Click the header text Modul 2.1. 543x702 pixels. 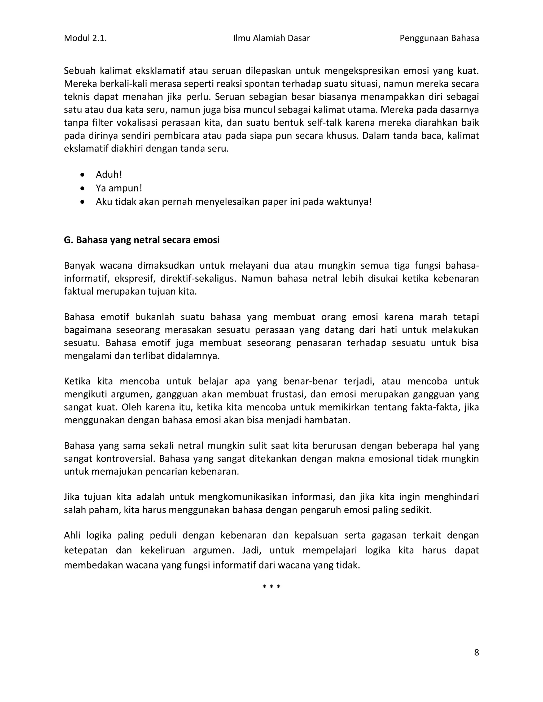click(85, 38)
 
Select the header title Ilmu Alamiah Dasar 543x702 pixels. click(271, 38)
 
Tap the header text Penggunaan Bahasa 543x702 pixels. click(439, 38)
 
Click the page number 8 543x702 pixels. click(476, 652)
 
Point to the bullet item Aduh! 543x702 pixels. click(109, 175)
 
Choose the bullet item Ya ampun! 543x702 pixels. click(119, 188)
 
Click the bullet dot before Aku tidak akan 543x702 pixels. click(83, 202)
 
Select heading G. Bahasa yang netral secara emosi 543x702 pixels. click(142, 240)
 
